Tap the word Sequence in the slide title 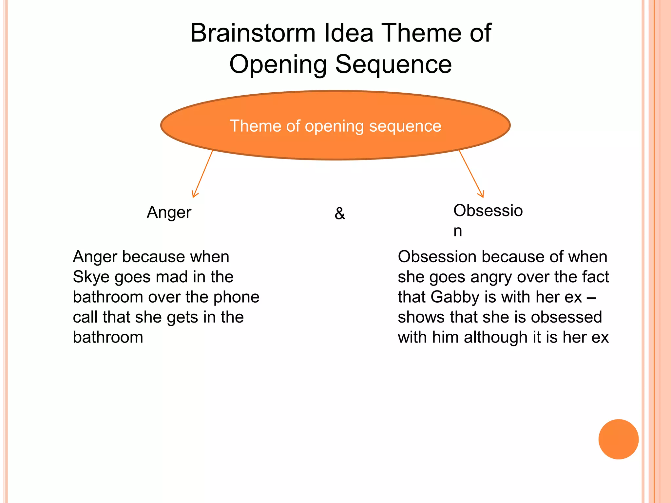pyautogui.click(x=393, y=64)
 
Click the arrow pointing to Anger pyautogui.click(x=203, y=174)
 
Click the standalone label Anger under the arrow pyautogui.click(x=169, y=212)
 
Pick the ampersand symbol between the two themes pyautogui.click(x=340, y=214)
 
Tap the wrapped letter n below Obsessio pyautogui.click(x=458, y=231)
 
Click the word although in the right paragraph pyautogui.click(x=494, y=337)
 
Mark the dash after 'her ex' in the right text pyautogui.click(x=591, y=297)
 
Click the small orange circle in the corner pyautogui.click(x=618, y=439)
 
